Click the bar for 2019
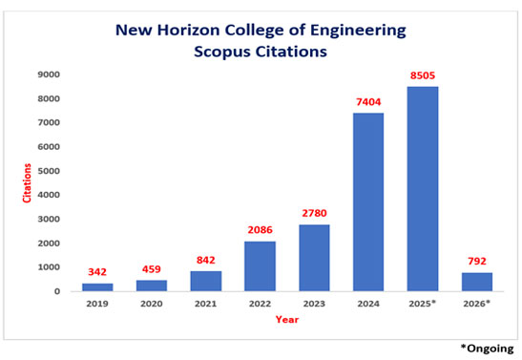coord(96,286)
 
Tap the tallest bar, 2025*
coord(421,189)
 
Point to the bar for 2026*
coord(475,282)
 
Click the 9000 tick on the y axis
coord(51,74)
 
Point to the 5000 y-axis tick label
coord(51,171)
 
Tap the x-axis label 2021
coord(204,306)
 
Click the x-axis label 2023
coord(313,306)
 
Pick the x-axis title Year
coord(285,321)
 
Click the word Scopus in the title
coord(220,51)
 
